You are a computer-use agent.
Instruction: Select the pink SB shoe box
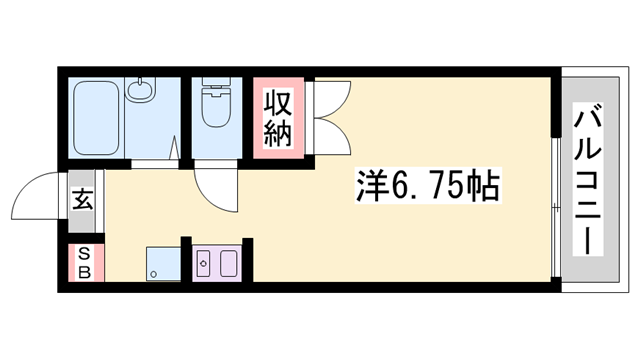click(x=85, y=263)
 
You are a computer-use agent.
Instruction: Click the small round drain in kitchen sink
click(x=203, y=265)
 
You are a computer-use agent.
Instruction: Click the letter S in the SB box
click(x=84, y=254)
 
